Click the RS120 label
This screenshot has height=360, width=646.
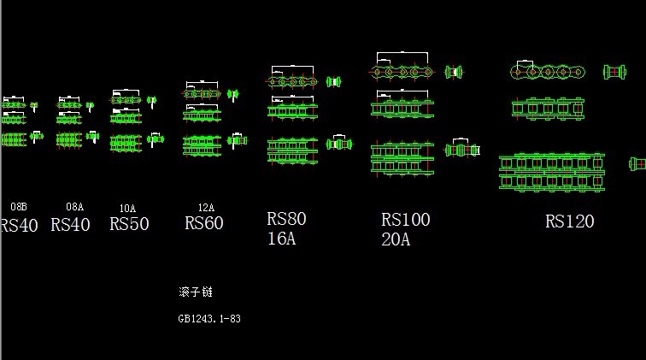tap(569, 222)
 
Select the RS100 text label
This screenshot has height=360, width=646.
tap(405, 221)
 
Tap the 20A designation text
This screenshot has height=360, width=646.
tap(395, 240)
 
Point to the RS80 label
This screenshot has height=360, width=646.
tap(286, 220)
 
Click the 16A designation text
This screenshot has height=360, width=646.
tap(280, 239)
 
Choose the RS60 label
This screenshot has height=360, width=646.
tap(203, 223)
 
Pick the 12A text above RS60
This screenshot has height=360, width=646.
tap(206, 208)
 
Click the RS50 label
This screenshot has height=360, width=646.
tap(129, 224)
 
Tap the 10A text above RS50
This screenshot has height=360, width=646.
tap(127, 209)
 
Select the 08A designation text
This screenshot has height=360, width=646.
tap(75, 207)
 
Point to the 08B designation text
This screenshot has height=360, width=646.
tap(18, 207)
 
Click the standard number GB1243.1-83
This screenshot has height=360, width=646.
tap(209, 319)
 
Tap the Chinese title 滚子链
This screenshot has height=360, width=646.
tap(195, 292)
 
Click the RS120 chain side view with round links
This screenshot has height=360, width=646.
tap(550, 72)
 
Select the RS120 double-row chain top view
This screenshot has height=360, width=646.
tap(551, 172)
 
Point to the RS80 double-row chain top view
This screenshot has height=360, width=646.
tap(292, 150)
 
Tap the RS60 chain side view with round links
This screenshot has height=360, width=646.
tap(203, 92)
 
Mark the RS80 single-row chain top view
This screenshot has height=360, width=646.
tap(292, 110)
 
